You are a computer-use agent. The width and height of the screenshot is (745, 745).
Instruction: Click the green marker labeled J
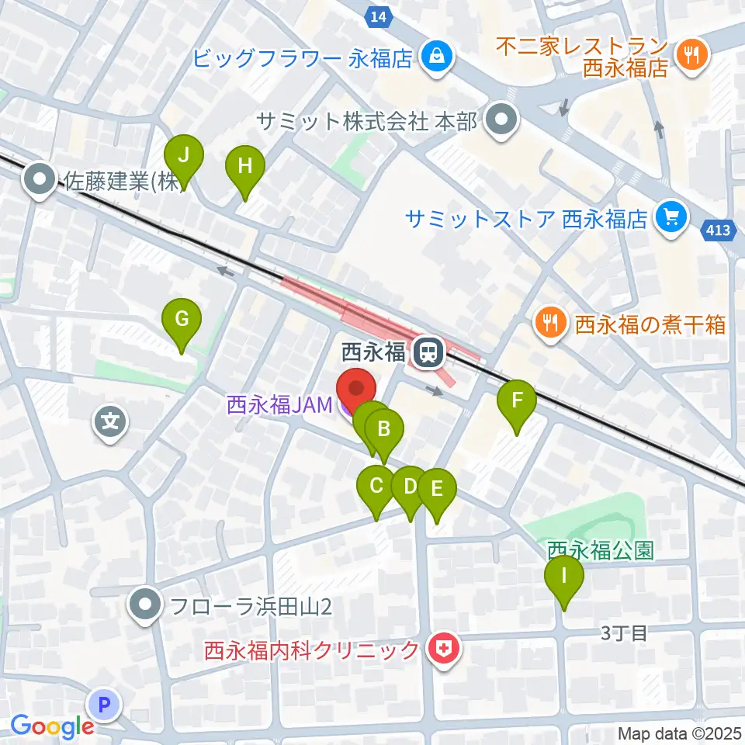[184, 155]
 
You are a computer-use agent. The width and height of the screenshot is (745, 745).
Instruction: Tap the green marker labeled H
[244, 165]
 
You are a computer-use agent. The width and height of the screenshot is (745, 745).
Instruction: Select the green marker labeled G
[182, 318]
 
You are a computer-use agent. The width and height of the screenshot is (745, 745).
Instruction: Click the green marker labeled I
[564, 576]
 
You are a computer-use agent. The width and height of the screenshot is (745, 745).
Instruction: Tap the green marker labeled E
[436, 490]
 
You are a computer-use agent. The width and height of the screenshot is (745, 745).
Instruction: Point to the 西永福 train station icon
[427, 353]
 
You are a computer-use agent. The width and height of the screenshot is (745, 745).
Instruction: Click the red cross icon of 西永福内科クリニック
[445, 650]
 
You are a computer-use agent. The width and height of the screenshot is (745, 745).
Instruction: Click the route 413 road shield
[718, 230]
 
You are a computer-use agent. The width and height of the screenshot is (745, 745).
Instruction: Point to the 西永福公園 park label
[601, 551]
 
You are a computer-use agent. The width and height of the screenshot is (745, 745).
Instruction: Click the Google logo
[53, 726]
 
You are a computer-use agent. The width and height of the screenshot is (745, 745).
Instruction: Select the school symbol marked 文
[111, 423]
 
